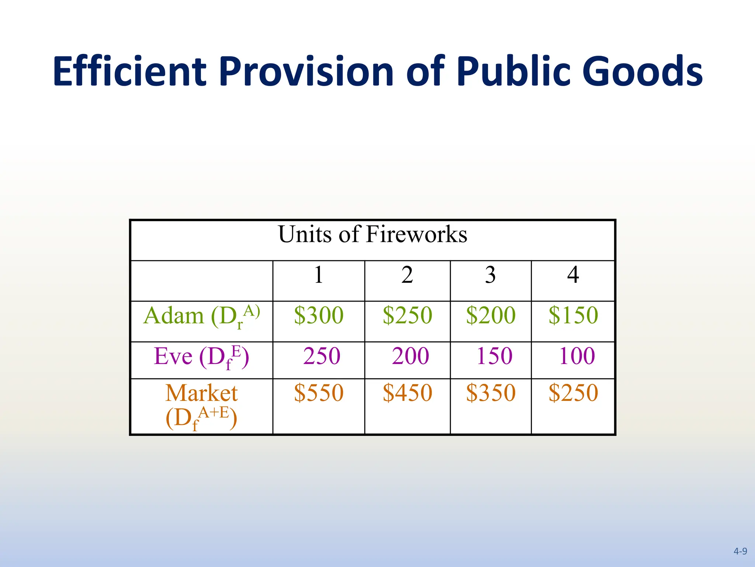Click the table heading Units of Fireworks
point(373,234)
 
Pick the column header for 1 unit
point(319,275)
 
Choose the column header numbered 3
point(490,275)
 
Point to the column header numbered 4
point(573,275)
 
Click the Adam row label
point(202,316)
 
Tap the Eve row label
point(202,357)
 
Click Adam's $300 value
point(319,316)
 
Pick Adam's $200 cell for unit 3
point(491,316)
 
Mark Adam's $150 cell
point(573,316)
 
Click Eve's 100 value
point(577,356)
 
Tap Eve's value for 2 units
point(410,356)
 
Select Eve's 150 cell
point(494,356)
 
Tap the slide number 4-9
point(740,551)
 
